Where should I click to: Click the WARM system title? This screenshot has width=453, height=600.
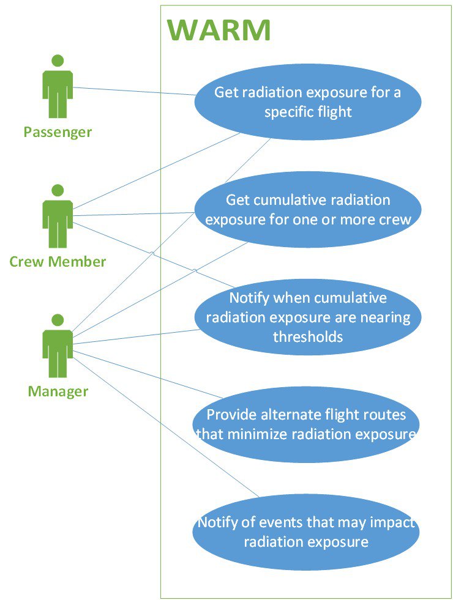point(219,30)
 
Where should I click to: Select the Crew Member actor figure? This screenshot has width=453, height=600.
point(58,217)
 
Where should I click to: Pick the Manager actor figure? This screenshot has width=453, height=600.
point(58,346)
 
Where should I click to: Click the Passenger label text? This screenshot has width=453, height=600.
point(58,131)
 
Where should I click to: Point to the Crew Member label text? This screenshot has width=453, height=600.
point(58,262)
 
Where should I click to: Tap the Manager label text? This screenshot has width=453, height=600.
point(58,391)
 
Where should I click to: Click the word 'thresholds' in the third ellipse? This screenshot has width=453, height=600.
point(308,336)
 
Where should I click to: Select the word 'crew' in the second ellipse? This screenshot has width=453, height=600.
point(394,219)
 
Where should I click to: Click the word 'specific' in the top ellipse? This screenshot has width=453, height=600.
point(288,113)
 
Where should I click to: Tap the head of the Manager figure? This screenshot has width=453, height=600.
point(58,320)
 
